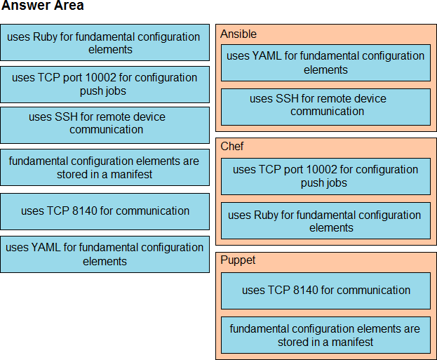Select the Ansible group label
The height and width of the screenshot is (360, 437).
coord(238,34)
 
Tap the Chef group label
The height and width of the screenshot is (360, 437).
coord(232,147)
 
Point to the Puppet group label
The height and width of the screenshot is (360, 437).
coord(238,260)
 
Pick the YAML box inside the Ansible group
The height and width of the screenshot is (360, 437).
coord(325,62)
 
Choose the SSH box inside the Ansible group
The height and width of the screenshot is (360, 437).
coord(325,105)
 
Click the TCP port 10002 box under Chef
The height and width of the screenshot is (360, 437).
coord(325,176)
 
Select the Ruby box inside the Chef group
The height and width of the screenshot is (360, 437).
coord(325,221)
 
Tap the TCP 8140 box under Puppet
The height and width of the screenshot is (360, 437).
coord(325,290)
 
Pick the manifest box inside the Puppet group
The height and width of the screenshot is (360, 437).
coord(325,335)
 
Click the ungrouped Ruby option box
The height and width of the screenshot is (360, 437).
coord(105,43)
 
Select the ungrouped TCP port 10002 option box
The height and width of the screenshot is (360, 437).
coord(105,84)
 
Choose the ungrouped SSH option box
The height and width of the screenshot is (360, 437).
coord(105,124)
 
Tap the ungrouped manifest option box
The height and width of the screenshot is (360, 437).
coord(105,167)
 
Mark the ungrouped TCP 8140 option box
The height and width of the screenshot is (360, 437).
coord(105,211)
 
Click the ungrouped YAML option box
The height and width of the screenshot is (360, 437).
coord(105,254)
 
